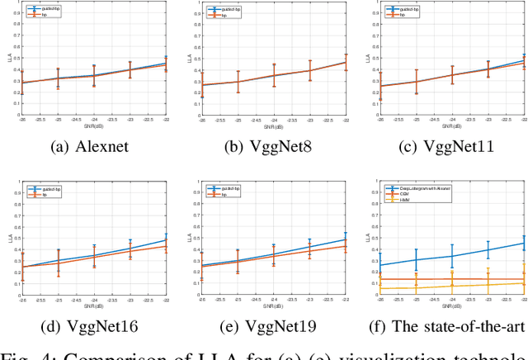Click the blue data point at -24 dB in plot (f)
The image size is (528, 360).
tap(452, 254)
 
